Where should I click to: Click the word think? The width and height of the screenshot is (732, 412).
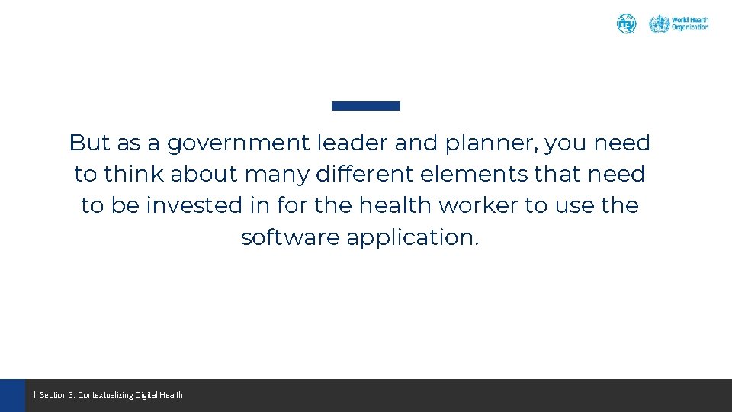tap(134, 174)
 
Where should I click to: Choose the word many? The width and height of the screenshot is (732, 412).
tap(277, 175)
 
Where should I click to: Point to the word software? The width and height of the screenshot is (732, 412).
tap(291, 237)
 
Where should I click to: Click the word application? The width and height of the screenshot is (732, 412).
tap(413, 238)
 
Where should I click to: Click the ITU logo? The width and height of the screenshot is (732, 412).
tap(626, 24)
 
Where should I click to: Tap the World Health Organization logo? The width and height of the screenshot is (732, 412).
tap(679, 24)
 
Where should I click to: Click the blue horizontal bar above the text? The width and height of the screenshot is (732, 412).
tap(366, 106)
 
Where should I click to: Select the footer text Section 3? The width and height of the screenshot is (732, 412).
tap(56, 395)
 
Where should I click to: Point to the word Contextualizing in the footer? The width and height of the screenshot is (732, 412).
tap(105, 395)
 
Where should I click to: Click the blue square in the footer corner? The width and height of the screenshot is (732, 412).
tap(12, 395)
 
